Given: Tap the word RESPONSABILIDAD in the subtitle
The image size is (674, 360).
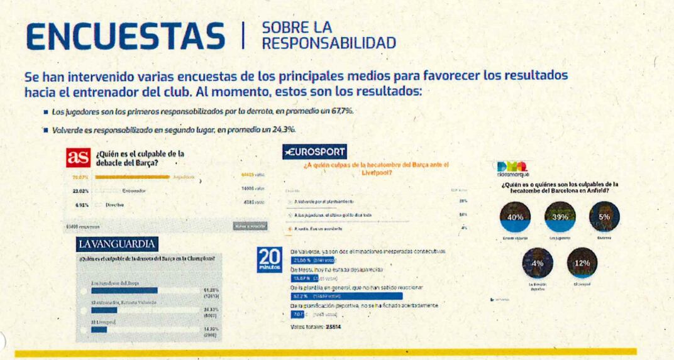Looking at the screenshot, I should pos(329,43).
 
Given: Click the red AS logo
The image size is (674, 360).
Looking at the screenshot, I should pos(78,158).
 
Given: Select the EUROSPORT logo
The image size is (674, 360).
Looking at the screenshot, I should pos(314,152).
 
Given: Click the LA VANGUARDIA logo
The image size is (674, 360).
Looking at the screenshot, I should pos(116,243).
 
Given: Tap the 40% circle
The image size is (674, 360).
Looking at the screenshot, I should pos(515,217).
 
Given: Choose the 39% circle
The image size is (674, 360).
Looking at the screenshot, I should pos(556,217).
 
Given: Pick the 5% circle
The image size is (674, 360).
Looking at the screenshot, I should pos(604,216).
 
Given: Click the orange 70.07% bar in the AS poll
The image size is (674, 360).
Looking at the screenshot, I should pos(132,177).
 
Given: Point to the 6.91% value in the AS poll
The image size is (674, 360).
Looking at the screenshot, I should pos(79,205).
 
